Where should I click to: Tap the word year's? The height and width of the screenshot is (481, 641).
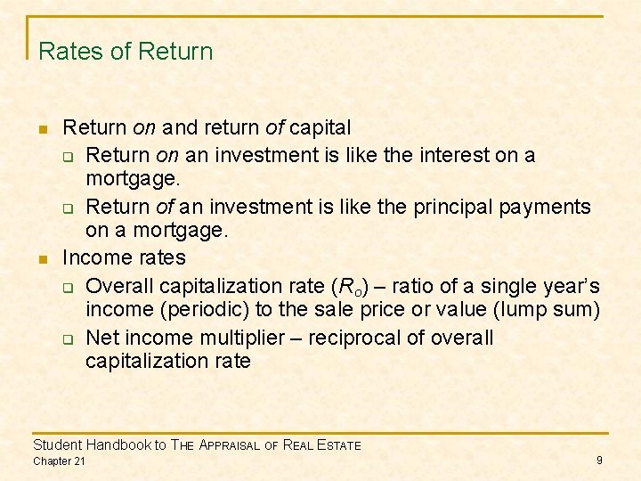point(568,286)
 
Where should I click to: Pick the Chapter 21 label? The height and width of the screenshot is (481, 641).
point(59,461)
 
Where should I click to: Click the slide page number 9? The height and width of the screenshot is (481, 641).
point(599,460)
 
